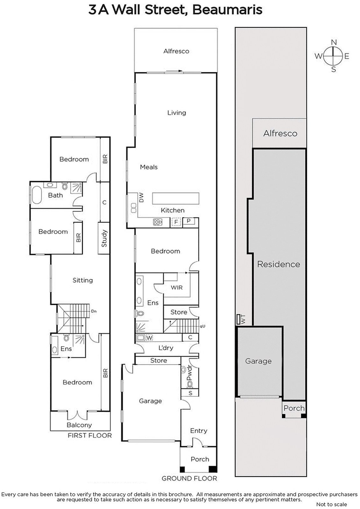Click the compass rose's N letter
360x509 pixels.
[x=334, y=42]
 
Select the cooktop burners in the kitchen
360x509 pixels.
[x=157, y=222]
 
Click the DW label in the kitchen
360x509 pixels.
[x=141, y=198]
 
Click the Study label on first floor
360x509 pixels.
[x=104, y=239]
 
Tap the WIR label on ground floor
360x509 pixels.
[x=177, y=287]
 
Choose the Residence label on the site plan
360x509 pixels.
[x=279, y=264]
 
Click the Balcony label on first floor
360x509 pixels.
[x=79, y=425]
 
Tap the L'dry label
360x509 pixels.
[x=166, y=348]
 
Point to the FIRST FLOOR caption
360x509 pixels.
[x=89, y=436]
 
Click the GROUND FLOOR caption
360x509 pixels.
[x=189, y=478]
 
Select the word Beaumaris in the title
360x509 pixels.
[x=228, y=10]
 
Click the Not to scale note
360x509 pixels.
[x=331, y=504]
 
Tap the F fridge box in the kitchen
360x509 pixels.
[x=175, y=222]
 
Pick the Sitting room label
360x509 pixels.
[x=82, y=280]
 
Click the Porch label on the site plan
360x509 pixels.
[x=294, y=408]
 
